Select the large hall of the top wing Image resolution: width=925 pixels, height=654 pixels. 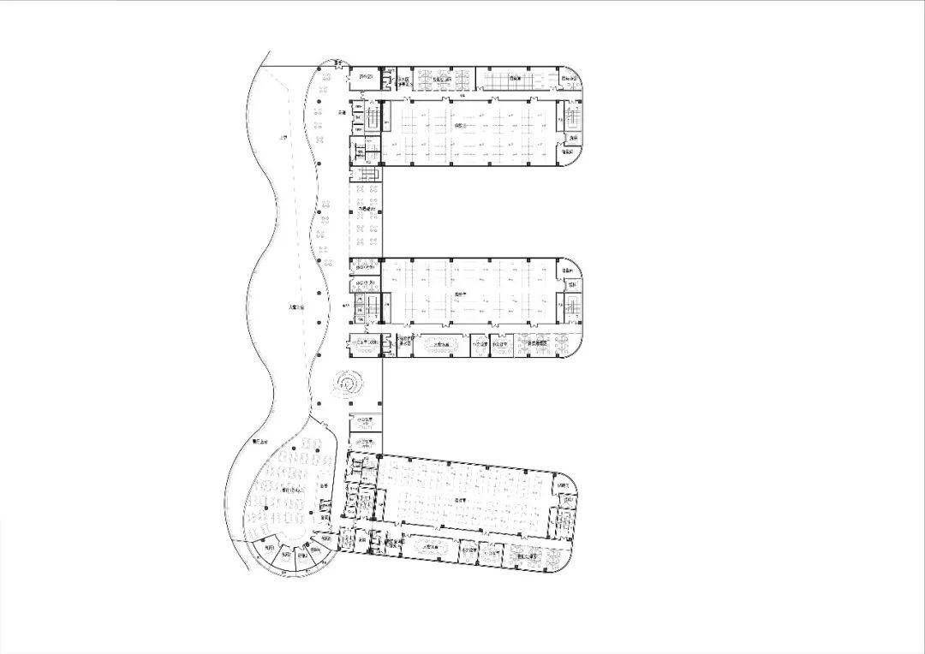click(468, 132)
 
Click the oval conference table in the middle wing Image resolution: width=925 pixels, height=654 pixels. click(442, 344)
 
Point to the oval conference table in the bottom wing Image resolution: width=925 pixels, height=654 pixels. click(429, 545)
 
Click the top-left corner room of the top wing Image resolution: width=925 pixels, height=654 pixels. click(366, 78)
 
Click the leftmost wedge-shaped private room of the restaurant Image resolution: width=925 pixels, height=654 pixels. click(269, 549)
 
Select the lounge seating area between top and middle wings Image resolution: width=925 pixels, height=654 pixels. click(364, 221)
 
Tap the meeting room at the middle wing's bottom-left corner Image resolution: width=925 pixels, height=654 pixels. click(363, 343)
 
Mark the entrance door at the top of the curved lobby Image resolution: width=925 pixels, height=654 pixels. click(339, 62)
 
